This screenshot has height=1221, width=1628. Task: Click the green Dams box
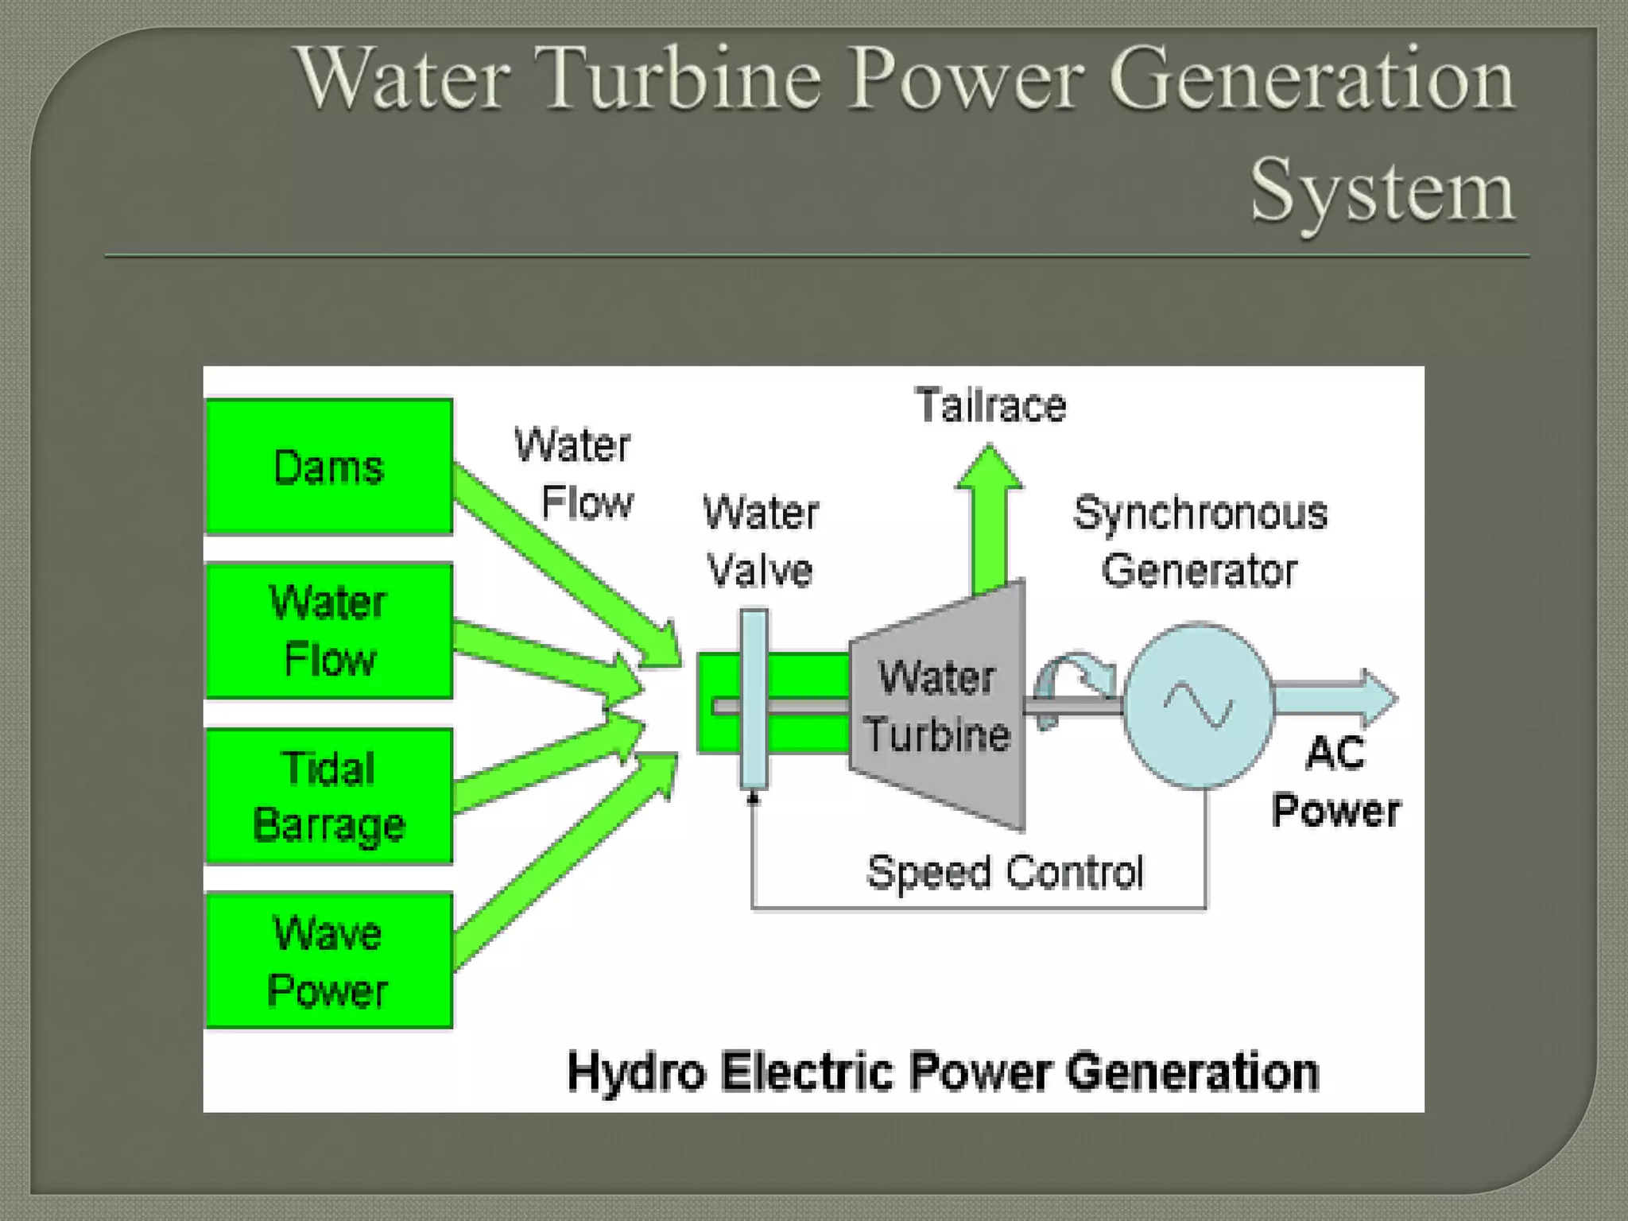point(329,467)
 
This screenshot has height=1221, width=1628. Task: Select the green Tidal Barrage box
point(329,797)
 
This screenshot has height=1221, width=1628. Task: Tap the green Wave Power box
point(329,961)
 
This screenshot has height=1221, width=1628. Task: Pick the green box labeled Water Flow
point(329,631)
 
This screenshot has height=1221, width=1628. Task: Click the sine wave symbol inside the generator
point(1199,704)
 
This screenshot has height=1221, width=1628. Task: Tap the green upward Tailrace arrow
point(989,517)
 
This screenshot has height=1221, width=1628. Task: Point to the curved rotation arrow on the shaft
point(1073,676)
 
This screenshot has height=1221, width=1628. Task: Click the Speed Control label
point(1005,873)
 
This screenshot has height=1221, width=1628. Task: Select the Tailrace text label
point(990,405)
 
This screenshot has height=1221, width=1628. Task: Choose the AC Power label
point(1335,782)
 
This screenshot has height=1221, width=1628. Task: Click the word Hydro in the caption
point(636,1072)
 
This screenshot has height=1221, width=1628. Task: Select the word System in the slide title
point(1382,191)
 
